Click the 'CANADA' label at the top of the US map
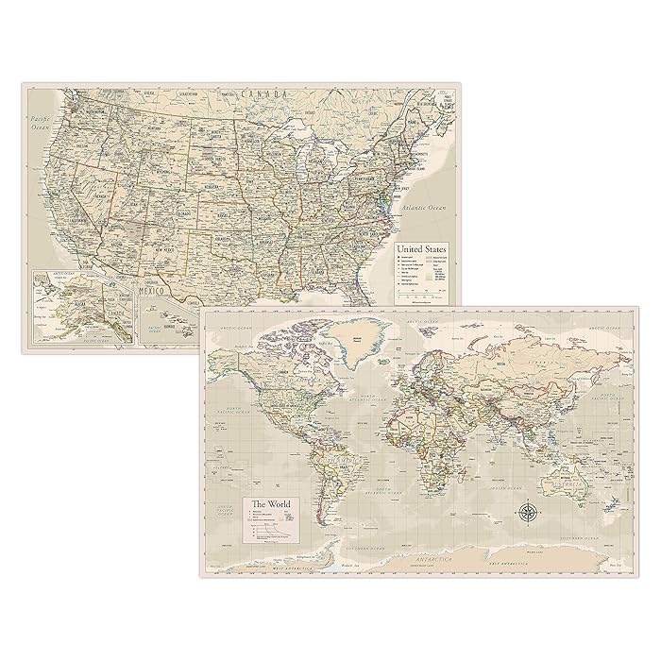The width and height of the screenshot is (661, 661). pos(256,95)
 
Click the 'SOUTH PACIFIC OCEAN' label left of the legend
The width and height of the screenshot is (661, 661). pos(225,516)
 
